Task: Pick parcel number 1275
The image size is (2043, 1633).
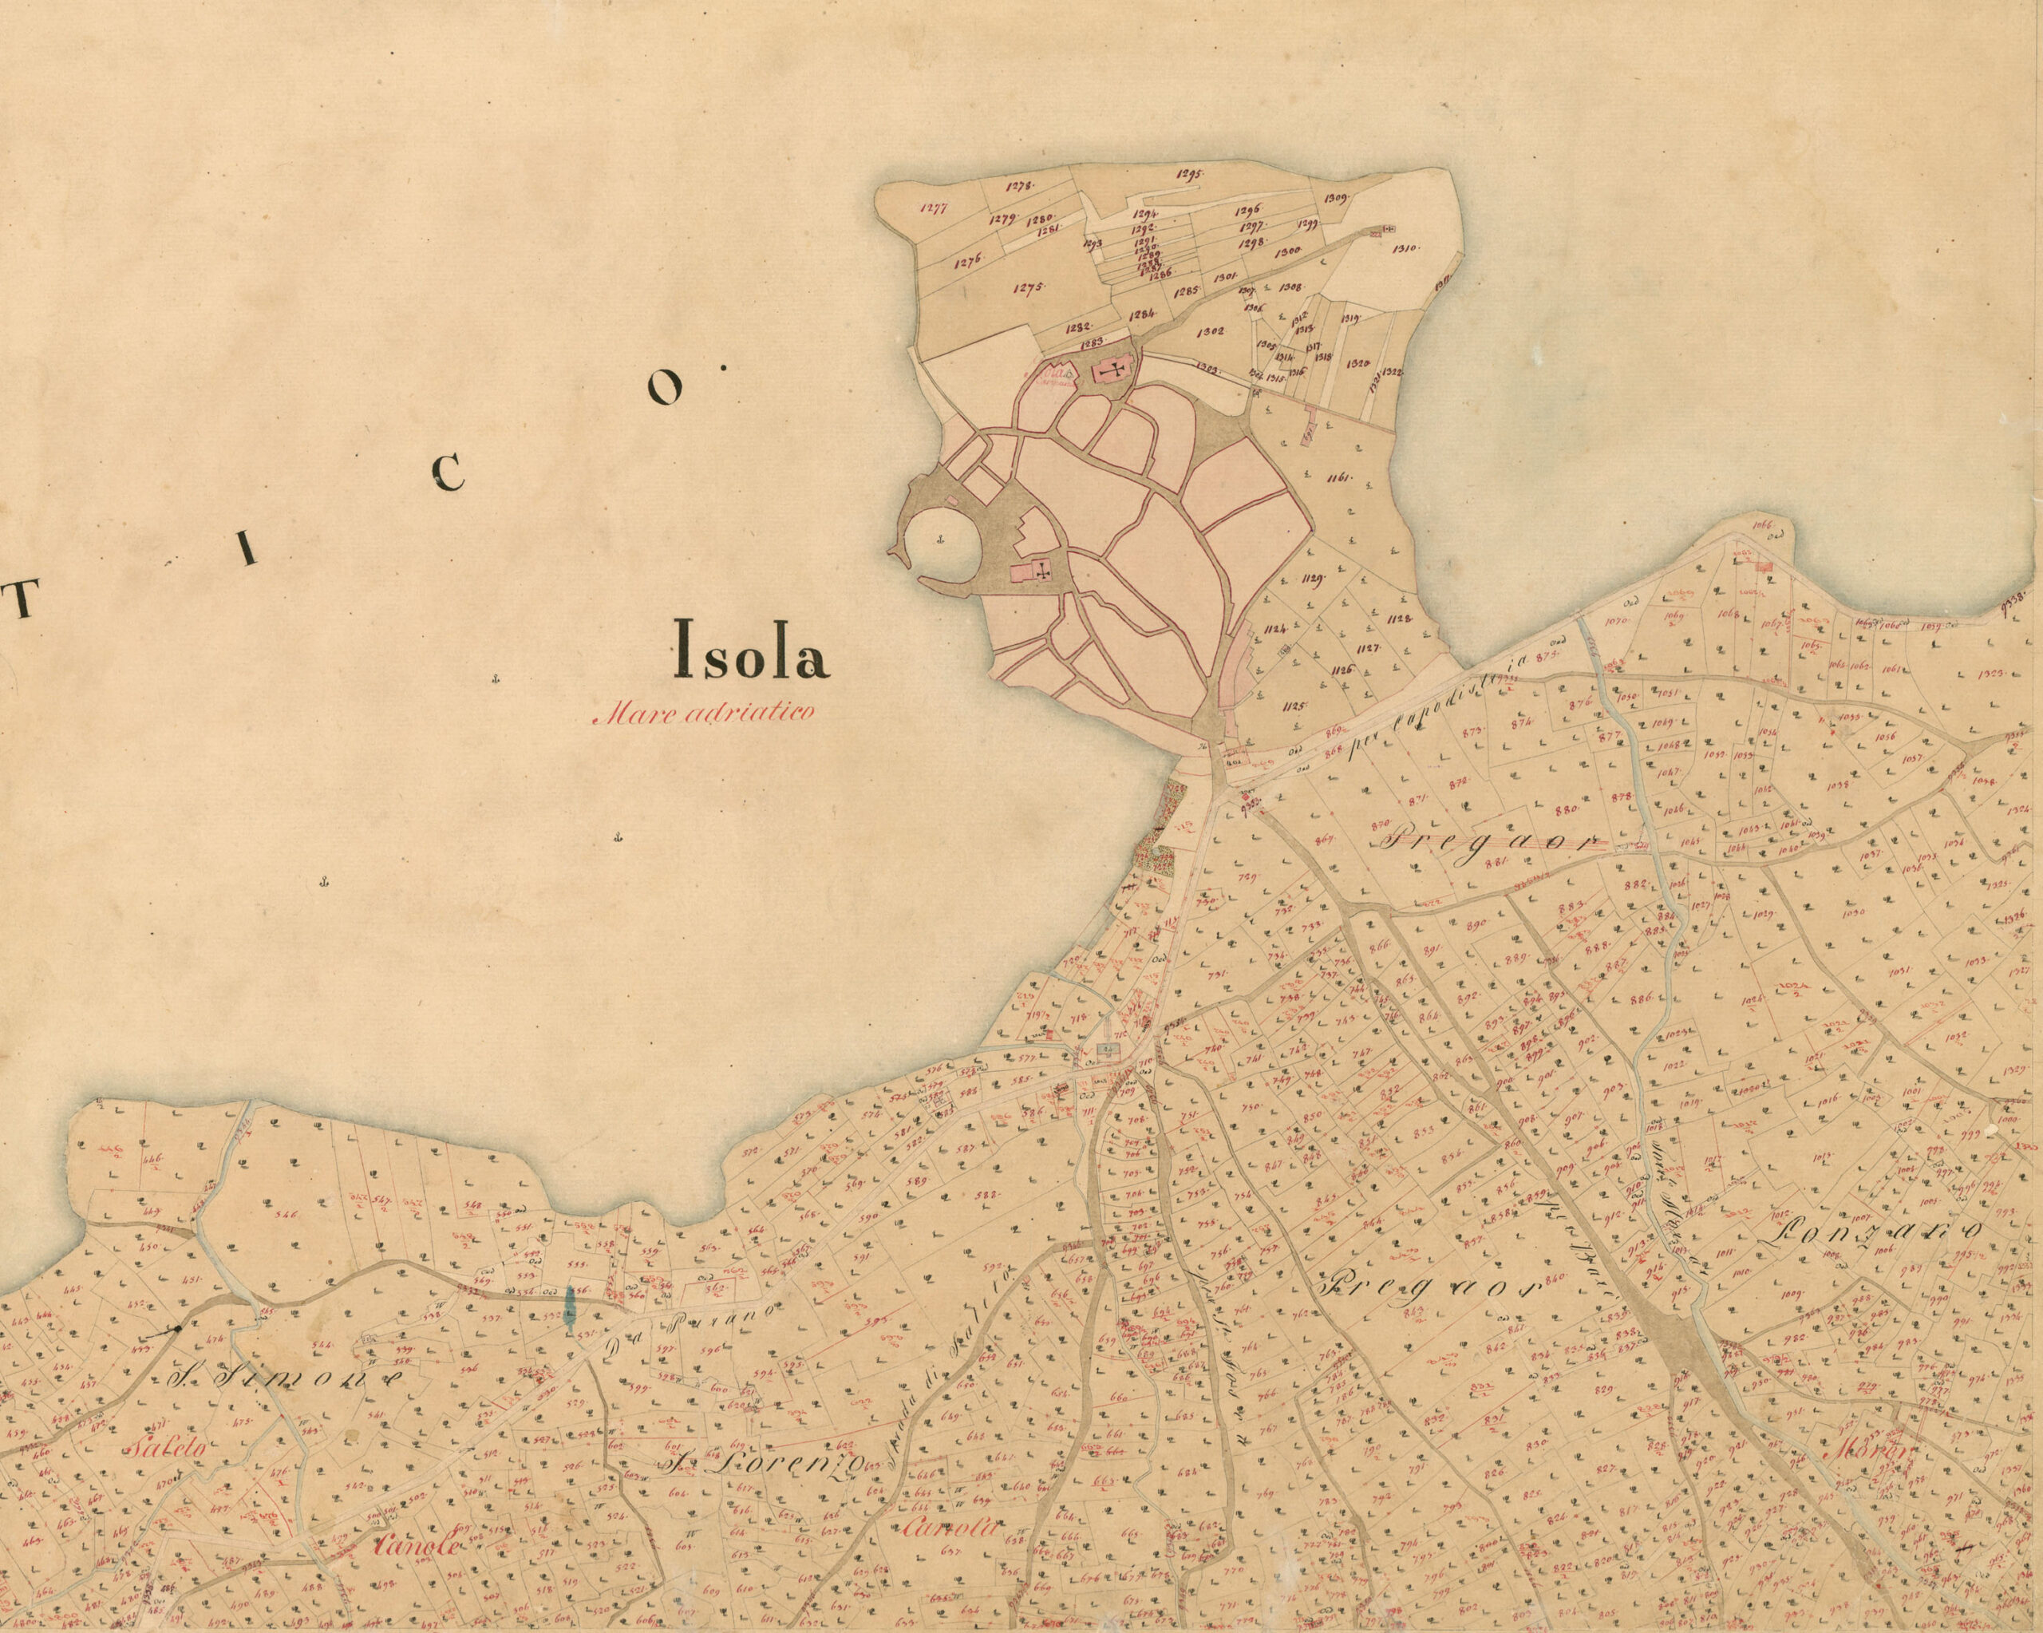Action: point(1027,288)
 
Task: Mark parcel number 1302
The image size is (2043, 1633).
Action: point(1210,332)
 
